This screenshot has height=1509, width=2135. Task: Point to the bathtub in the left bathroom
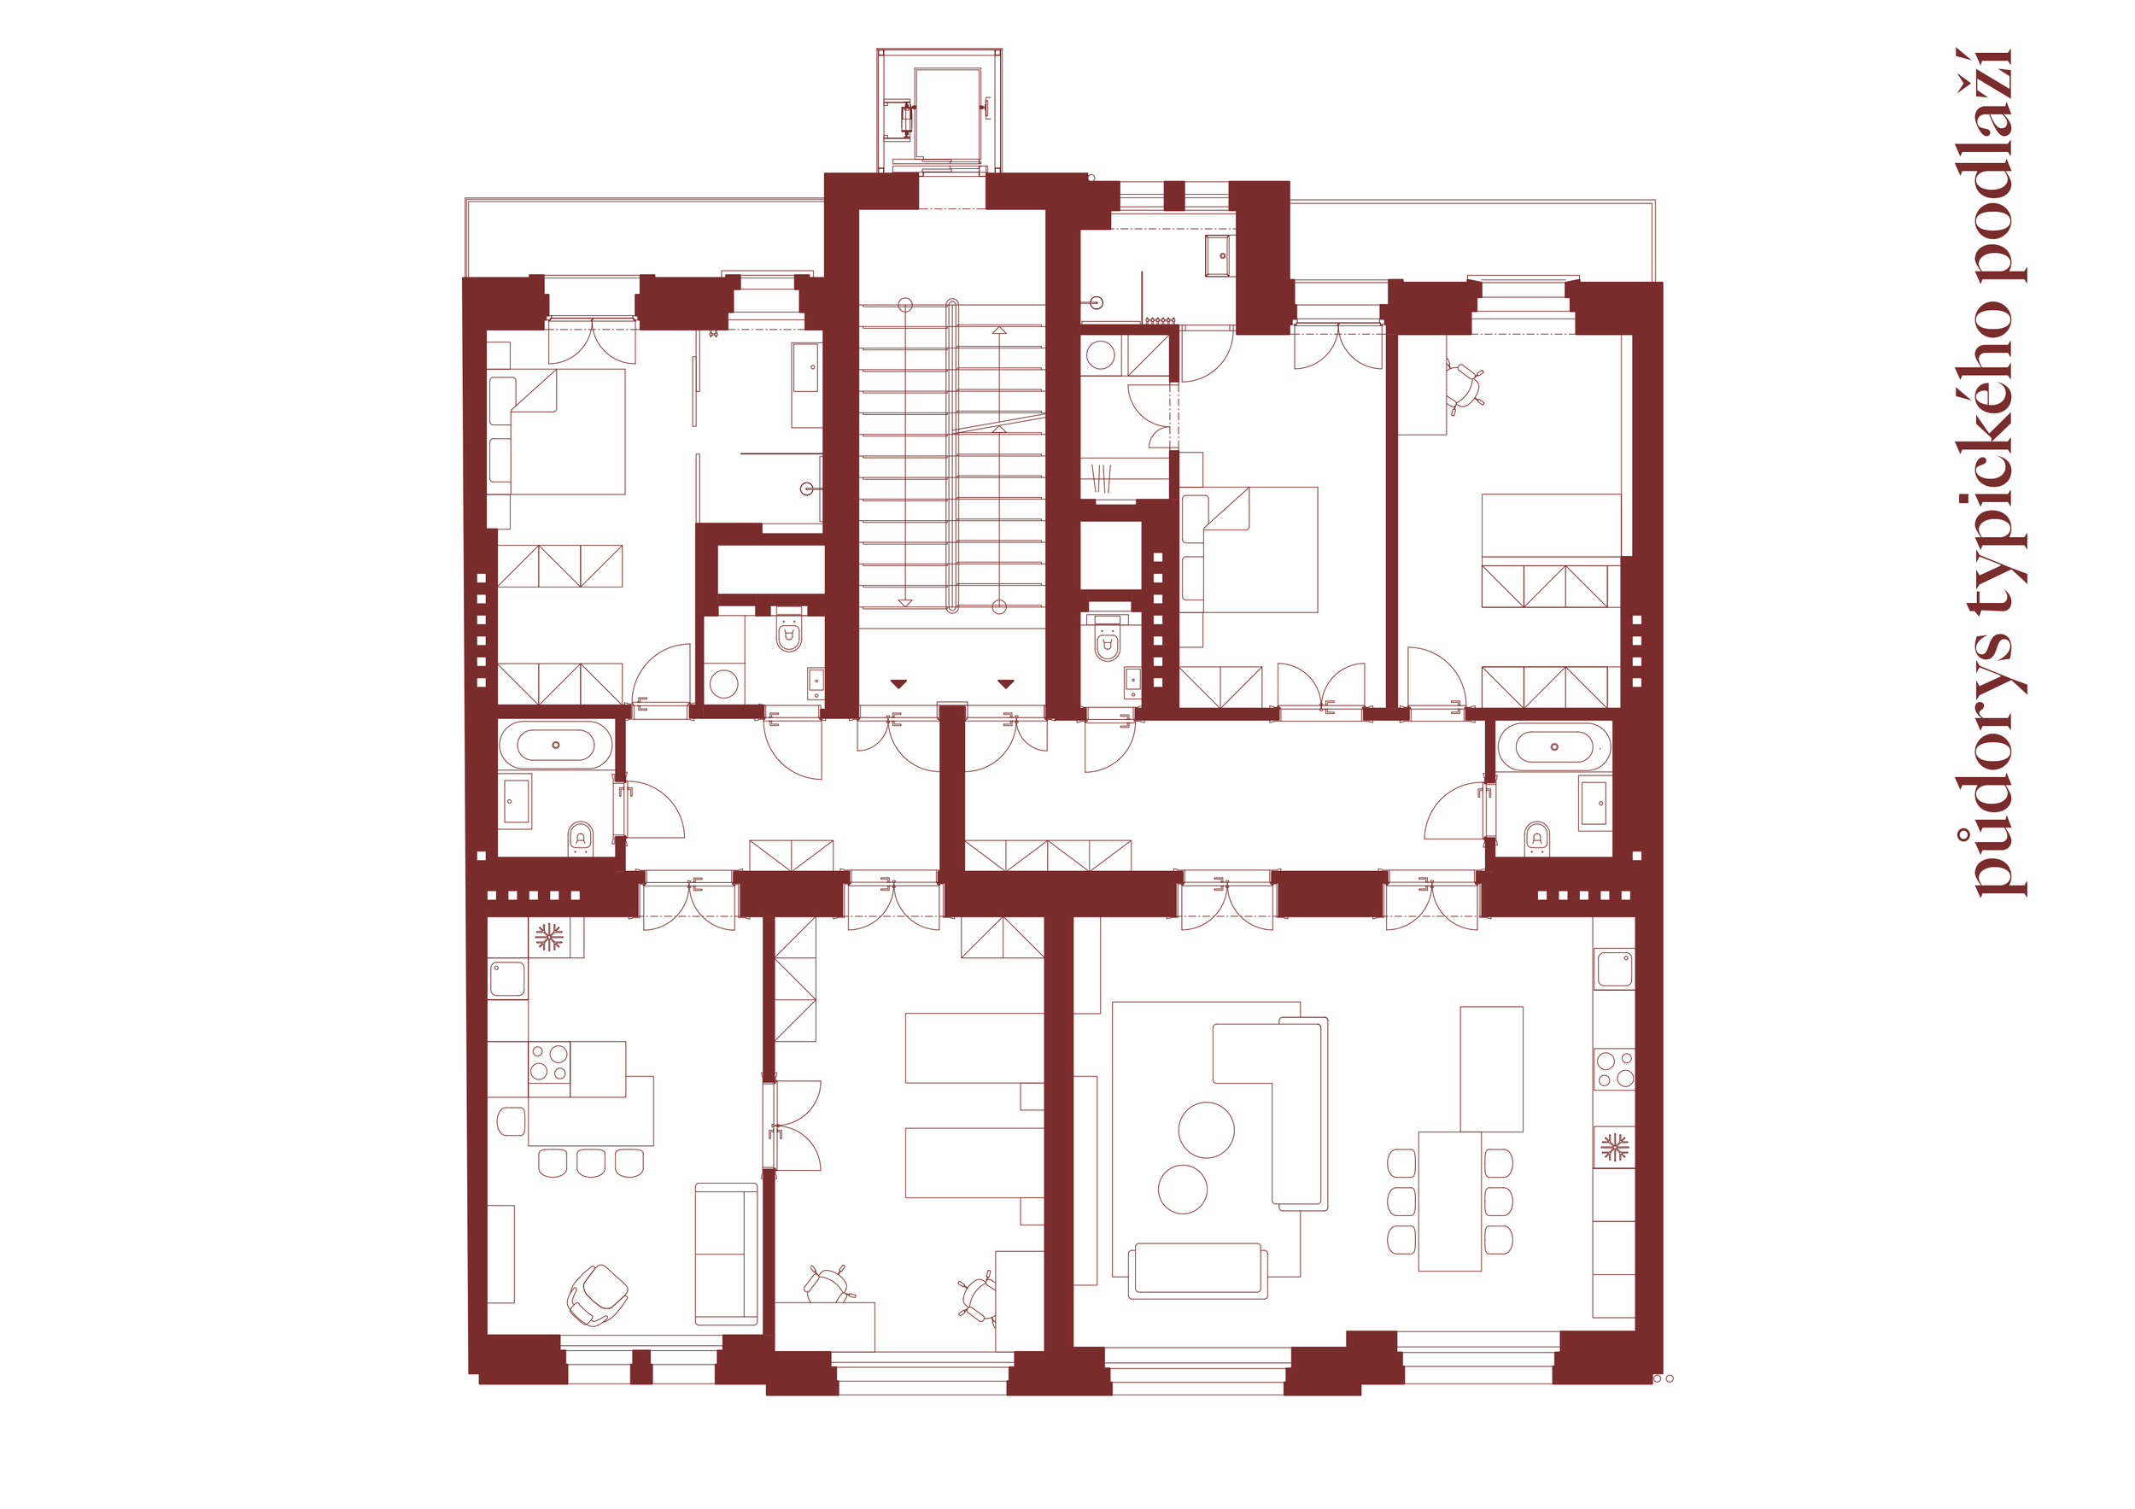tap(556, 746)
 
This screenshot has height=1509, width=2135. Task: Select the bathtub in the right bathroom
tap(1553, 746)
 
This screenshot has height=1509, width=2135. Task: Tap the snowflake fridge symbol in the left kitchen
tap(548, 936)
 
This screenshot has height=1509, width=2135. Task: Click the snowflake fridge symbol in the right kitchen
tap(1614, 1147)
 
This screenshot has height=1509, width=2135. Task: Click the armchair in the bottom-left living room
tap(597, 1295)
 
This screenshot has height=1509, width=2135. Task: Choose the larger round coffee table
tap(1206, 1130)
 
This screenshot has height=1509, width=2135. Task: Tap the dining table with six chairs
tap(1450, 1202)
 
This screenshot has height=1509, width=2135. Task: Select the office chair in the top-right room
tap(1465, 386)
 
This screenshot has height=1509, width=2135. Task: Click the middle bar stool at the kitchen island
tap(590, 1163)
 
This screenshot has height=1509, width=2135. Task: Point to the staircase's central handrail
tap(952, 455)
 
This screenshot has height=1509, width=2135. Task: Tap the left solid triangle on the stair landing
tap(898, 683)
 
